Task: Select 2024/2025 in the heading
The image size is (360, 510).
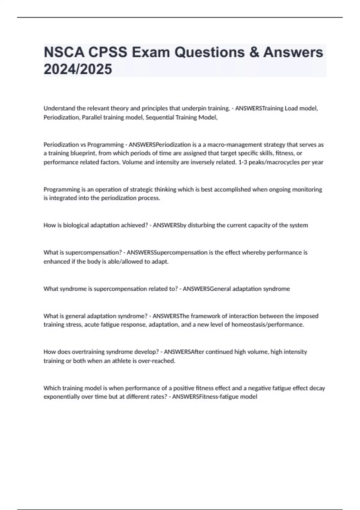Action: coord(78,69)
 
